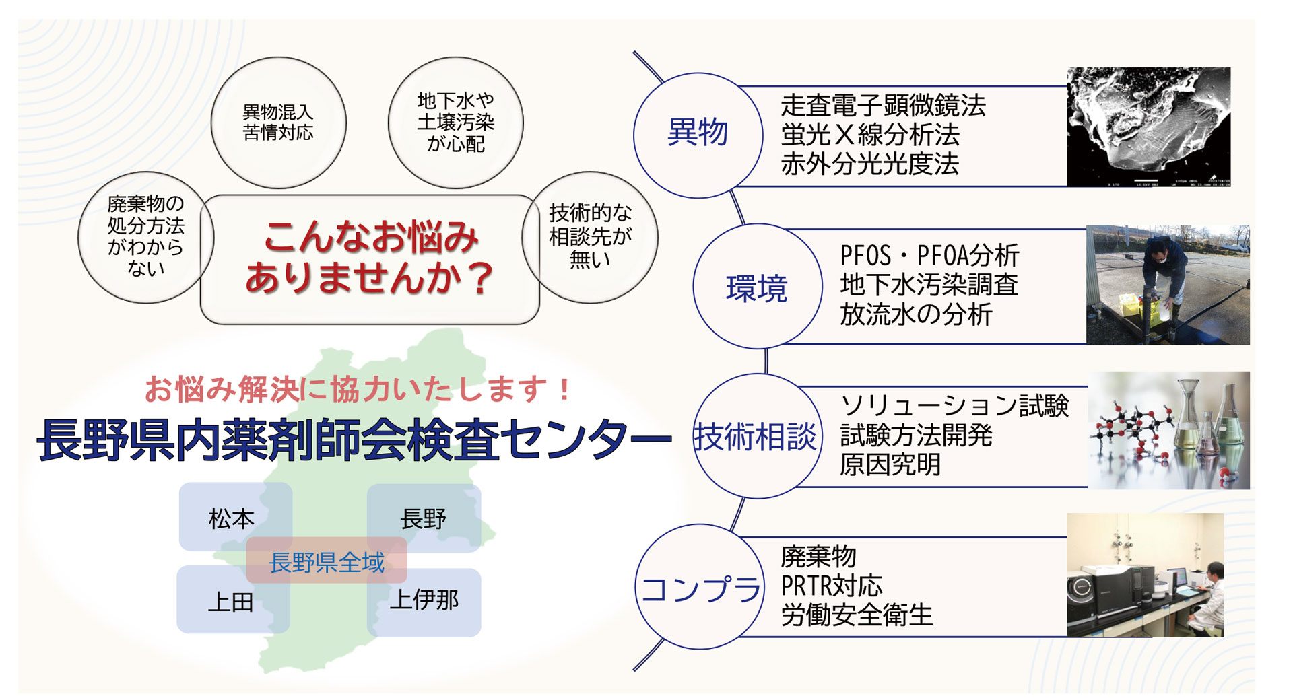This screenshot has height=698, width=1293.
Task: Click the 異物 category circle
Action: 698,135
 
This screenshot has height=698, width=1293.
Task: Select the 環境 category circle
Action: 757,286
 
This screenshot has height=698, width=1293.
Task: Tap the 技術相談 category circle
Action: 757,436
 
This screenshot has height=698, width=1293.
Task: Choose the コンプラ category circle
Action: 699,587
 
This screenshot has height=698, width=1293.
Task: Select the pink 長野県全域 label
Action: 327,561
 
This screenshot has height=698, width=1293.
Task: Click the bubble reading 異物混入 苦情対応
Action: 278,123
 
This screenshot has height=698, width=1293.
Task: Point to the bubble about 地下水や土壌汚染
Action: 456,123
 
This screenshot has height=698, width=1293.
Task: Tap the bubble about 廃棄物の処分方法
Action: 145,237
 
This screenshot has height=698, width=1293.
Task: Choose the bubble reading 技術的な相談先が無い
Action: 590,237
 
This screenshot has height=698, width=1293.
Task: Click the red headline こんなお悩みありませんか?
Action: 370,258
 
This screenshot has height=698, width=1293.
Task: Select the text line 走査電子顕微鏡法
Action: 883,106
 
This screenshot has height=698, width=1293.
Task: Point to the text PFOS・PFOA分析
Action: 929,256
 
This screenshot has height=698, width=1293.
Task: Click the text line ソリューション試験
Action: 954,406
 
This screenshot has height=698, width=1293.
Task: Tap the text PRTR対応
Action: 831,586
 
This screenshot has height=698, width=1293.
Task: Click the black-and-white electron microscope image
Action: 1148,127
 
